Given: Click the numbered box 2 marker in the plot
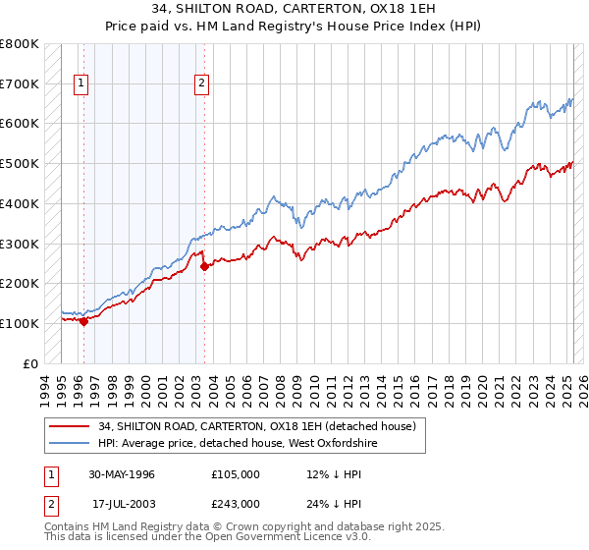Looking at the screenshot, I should click(x=200, y=83).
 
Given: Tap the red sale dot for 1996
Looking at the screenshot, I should click(x=84, y=320).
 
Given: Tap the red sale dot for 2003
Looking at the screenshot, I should click(x=204, y=265).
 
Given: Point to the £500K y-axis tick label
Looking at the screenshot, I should click(x=20, y=163).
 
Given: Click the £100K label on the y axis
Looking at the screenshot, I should click(x=20, y=323).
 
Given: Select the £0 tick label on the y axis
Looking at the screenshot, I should click(x=30, y=363).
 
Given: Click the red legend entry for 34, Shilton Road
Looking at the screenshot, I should click(x=257, y=426).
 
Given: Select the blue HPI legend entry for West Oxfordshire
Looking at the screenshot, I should click(x=238, y=444).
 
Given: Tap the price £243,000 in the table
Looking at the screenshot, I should click(x=235, y=503).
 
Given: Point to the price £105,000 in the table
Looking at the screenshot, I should click(x=235, y=474).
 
